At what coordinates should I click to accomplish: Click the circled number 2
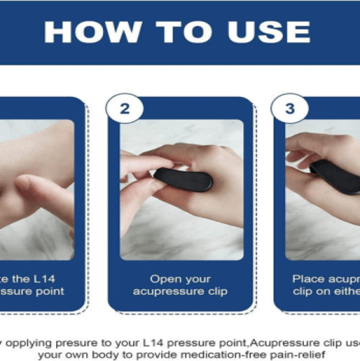click(x=124, y=109)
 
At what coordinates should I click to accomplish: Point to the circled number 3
click(x=290, y=109)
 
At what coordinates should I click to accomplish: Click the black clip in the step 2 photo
click(x=183, y=179)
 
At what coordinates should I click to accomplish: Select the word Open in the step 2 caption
click(x=162, y=279)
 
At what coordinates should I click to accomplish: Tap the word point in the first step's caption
click(x=50, y=291)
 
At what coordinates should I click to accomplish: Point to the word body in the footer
click(x=114, y=355)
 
